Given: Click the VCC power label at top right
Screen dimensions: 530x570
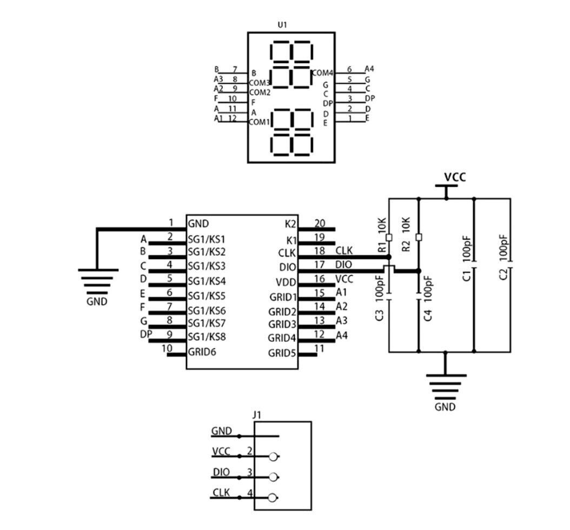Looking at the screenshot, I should click(x=454, y=177).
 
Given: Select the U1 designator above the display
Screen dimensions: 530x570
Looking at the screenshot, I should click(x=282, y=25).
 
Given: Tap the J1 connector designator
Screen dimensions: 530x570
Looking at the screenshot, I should click(x=257, y=415).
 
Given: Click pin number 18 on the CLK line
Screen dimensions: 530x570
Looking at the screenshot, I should click(x=320, y=250).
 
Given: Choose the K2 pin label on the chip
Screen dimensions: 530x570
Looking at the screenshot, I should click(x=290, y=223).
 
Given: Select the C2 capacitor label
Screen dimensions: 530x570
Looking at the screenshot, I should click(x=503, y=274).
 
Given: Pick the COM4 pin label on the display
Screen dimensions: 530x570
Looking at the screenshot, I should click(x=323, y=73).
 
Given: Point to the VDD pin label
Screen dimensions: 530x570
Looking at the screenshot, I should click(x=287, y=282).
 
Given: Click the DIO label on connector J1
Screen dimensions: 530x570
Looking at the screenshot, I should click(x=221, y=472).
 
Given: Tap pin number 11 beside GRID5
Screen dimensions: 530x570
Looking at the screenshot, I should click(x=319, y=349).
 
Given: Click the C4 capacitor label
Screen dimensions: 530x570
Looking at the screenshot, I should click(x=428, y=316).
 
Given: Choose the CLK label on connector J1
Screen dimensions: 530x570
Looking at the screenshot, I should click(x=221, y=493).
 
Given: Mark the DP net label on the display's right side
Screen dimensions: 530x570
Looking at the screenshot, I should click(x=370, y=98).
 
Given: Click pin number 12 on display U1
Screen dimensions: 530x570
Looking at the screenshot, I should click(x=233, y=118).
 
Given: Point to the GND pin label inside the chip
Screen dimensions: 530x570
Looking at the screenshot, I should click(x=198, y=223).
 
